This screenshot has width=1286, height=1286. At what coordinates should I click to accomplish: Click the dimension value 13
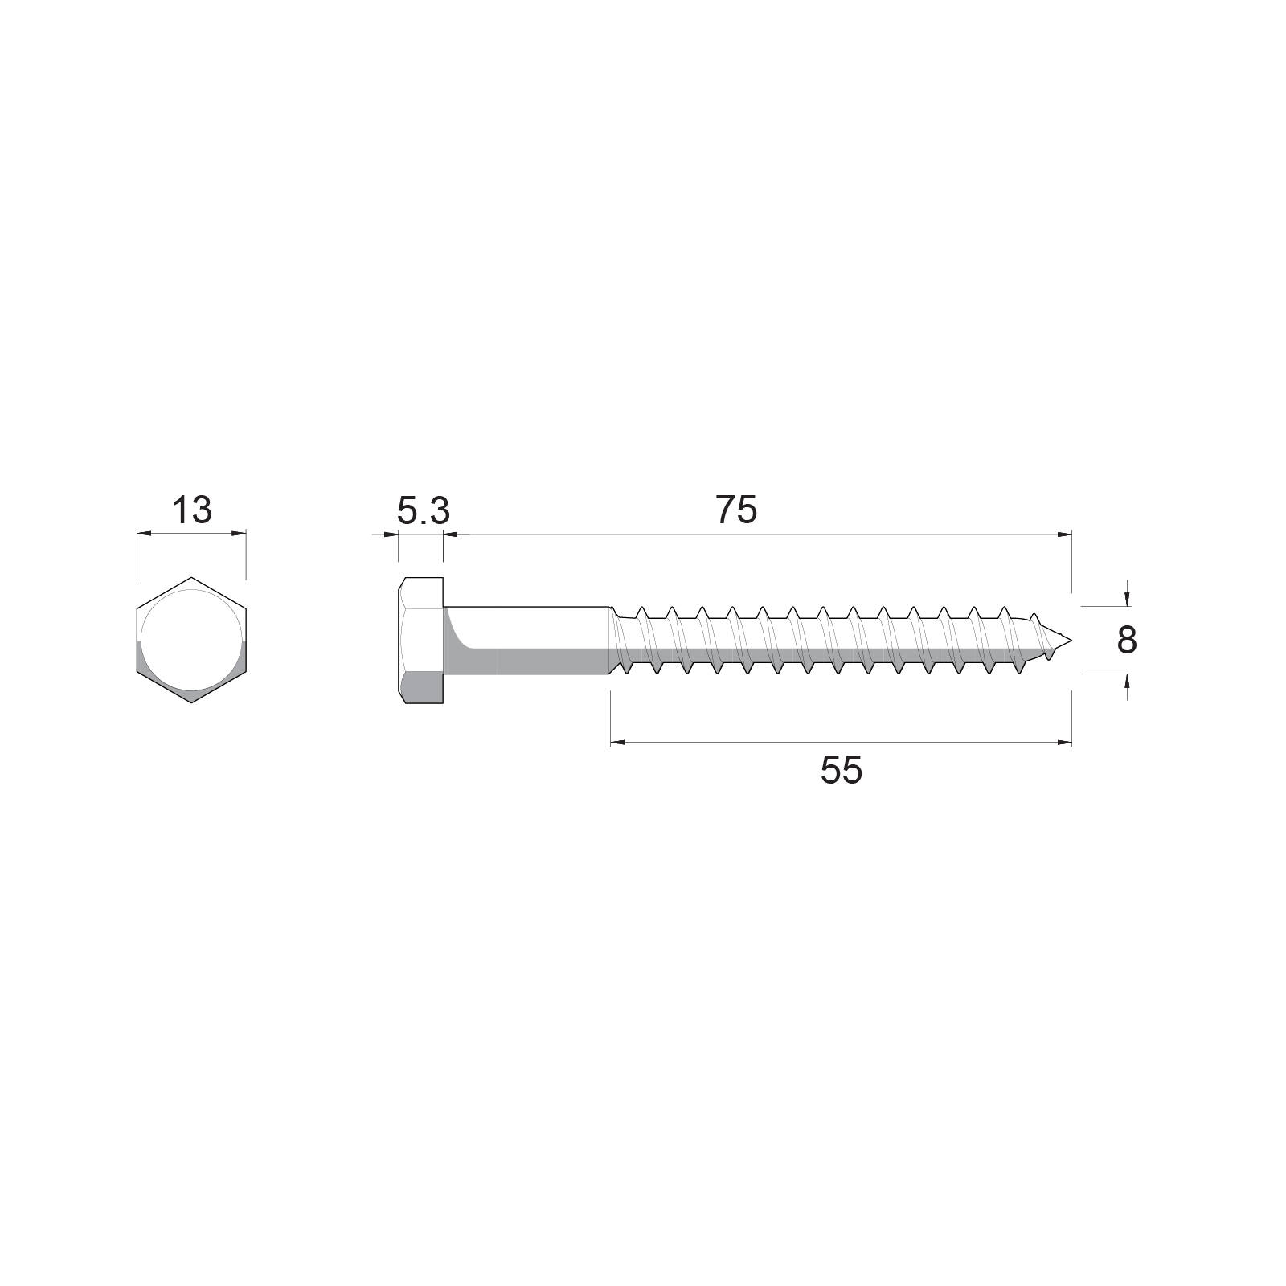point(192,510)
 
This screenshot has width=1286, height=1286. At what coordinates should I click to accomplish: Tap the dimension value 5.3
point(424,510)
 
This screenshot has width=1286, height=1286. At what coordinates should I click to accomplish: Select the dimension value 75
point(736,510)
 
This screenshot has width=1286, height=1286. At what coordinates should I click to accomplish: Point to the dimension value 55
point(842,771)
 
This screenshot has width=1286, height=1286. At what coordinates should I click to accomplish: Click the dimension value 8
point(1127,641)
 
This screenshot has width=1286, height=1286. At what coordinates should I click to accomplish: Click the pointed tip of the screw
point(1070,641)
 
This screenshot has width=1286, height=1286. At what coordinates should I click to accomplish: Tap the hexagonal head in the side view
point(420,641)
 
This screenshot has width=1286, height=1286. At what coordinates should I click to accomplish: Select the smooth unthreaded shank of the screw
point(526,641)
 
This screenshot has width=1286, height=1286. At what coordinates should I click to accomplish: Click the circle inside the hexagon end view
point(191,641)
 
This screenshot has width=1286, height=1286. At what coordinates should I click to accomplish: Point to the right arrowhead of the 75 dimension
point(1065,533)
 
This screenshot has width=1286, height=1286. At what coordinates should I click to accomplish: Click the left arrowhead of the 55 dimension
point(618,743)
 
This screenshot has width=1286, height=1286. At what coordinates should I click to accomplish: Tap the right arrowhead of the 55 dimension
point(1065,743)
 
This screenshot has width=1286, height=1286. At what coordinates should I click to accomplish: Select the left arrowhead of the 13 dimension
point(144,532)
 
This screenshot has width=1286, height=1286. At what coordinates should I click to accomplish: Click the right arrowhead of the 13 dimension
point(239,532)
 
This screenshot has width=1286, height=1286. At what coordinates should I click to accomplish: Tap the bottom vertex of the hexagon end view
point(191,702)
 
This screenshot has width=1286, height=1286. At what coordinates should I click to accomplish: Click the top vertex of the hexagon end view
point(191,577)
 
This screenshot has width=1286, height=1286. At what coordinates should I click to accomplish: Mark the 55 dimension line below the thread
point(842,743)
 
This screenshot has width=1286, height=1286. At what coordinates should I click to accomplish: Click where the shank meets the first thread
point(612,641)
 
